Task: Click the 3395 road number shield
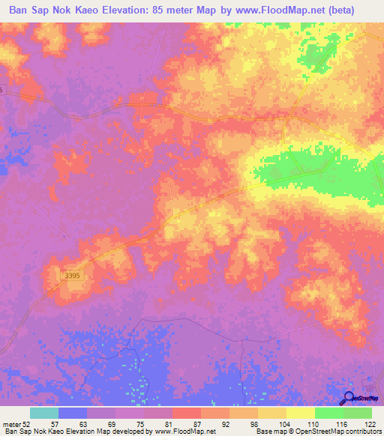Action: (72, 276)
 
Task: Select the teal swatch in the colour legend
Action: (44, 413)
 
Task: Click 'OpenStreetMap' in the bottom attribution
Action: (307, 432)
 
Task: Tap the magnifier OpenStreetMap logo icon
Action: (349, 399)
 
